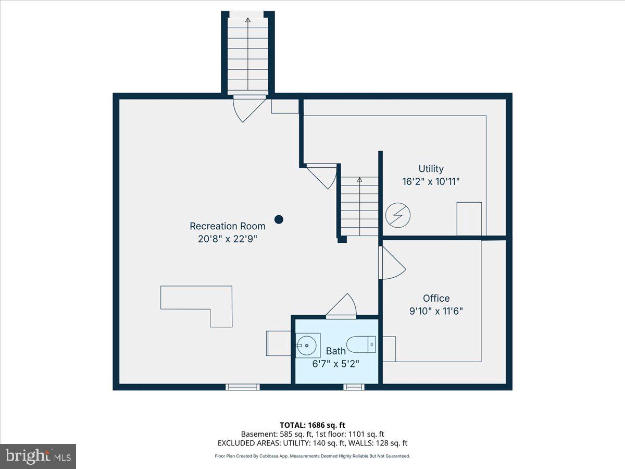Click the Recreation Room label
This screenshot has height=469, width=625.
coord(227,226)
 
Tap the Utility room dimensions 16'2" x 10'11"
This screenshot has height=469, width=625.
coord(431,182)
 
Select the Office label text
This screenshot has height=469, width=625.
coord(436,298)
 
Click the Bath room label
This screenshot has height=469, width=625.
coord(335,351)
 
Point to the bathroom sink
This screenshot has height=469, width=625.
coord(307,344)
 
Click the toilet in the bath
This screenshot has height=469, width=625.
coord(360,344)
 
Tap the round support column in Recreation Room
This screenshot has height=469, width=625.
coord(279,219)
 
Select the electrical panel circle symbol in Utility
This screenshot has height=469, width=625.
coord(398,215)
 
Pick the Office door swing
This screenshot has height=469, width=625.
coord(392,263)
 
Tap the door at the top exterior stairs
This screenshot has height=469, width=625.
coord(248,107)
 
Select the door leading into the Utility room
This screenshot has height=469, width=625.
coord(323,175)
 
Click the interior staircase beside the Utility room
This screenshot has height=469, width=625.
coord(359,206)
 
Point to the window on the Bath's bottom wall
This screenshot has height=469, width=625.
coord(354,387)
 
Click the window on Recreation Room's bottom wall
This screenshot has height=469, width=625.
coord(242,387)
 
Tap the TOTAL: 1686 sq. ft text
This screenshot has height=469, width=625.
coord(312,425)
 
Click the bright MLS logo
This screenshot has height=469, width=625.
coord(38,456)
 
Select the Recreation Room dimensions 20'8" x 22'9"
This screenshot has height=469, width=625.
coord(227,239)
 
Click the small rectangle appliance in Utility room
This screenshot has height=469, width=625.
coord(469,219)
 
